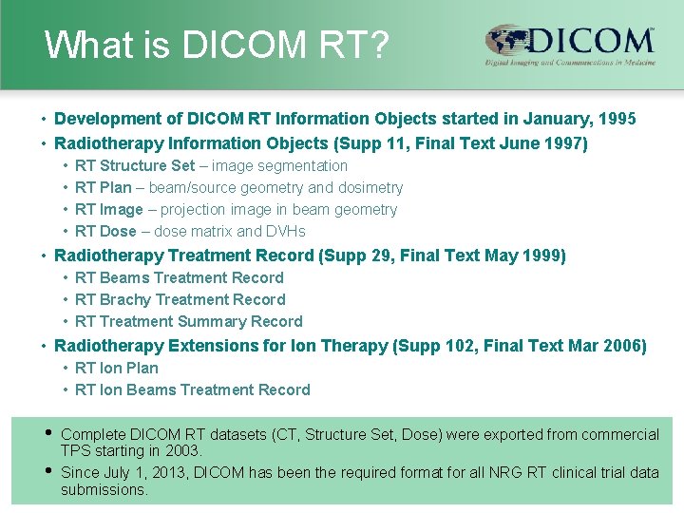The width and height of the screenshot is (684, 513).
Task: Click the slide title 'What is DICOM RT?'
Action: click(217, 45)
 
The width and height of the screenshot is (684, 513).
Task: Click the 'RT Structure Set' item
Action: click(135, 165)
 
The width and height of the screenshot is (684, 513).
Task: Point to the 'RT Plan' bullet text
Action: click(104, 187)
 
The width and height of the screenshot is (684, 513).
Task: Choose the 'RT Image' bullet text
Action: click(109, 209)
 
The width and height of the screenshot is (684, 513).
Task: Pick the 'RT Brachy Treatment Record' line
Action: click(180, 299)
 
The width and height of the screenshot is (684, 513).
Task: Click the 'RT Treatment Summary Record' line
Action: click(188, 321)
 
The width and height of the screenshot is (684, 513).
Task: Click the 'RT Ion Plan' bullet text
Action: click(117, 368)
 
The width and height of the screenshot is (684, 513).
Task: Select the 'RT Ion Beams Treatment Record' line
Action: click(192, 389)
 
